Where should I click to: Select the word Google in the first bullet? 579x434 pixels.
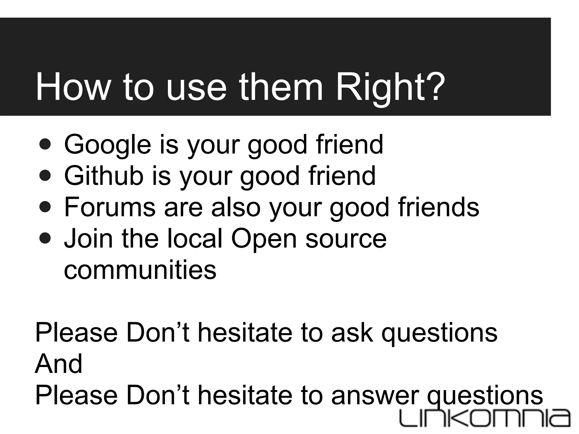(107, 145)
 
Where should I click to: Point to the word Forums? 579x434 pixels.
(110, 207)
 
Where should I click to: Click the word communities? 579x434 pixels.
(140, 270)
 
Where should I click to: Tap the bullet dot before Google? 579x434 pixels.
(45, 145)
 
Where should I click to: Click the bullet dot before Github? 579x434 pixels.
(45, 176)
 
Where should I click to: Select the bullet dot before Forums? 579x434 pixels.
(45, 207)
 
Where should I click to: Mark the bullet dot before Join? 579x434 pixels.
(45, 238)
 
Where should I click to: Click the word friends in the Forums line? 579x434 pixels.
(438, 207)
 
